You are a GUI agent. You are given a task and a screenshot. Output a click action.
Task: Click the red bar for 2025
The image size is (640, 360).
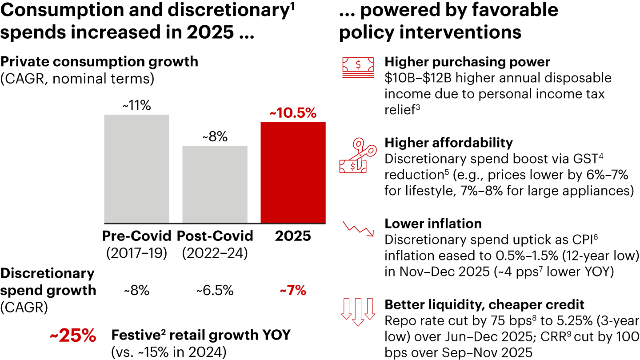point(293,172)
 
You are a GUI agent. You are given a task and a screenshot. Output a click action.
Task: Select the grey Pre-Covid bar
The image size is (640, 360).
point(136,169)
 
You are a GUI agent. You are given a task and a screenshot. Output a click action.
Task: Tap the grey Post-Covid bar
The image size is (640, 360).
point(215,184)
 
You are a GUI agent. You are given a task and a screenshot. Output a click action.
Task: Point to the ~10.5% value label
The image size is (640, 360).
point(293,113)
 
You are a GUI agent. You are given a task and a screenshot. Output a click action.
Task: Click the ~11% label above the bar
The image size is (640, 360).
point(136,106)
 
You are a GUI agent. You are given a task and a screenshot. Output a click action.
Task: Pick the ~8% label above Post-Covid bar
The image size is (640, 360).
point(215,137)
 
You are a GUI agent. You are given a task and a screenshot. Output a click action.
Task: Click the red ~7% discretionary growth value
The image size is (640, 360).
point(293,291)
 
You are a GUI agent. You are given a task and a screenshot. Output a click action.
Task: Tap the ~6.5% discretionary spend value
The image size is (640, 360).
point(215,291)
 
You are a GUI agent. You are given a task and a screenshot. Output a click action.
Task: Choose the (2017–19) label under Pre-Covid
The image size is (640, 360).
point(136,252)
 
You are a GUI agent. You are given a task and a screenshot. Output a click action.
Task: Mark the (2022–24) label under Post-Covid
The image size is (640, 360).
point(215,252)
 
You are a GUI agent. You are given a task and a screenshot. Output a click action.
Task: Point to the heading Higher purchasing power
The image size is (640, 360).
point(467,62)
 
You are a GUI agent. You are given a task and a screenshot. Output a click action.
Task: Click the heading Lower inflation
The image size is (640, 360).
point(433,223)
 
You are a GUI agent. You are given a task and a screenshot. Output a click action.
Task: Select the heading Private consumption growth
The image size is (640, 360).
point(99,61)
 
